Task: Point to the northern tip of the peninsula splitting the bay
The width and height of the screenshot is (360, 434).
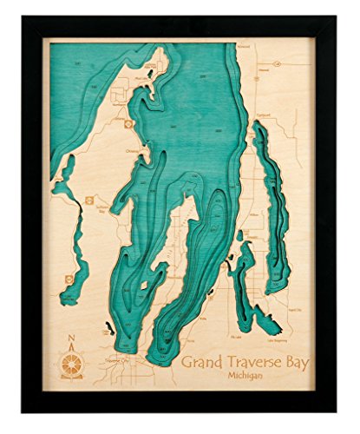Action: [184, 208]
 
